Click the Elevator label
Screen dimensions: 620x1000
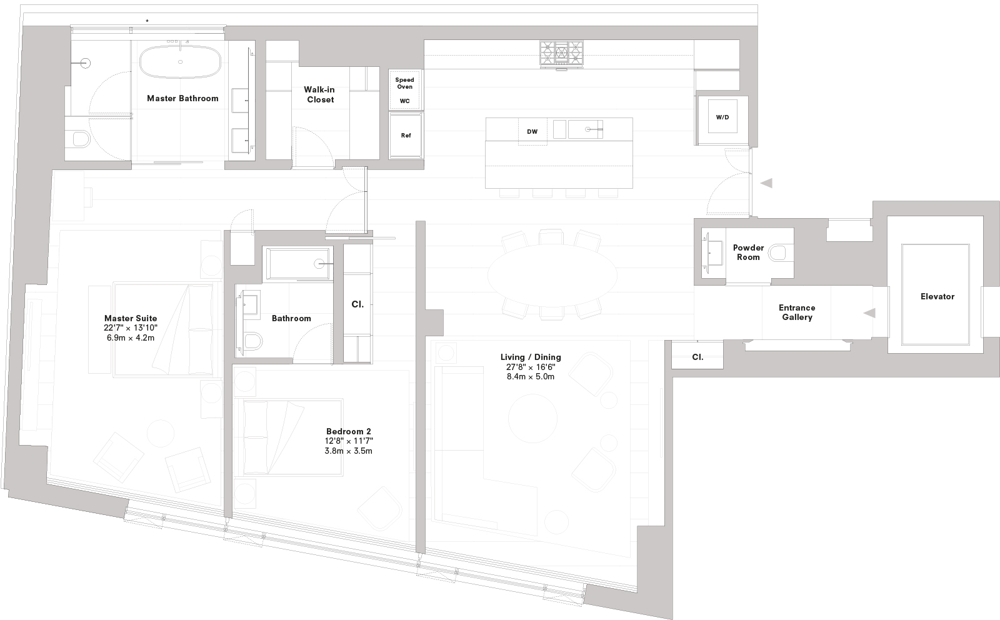pyautogui.click(x=937, y=296)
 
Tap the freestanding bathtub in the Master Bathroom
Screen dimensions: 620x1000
pyautogui.click(x=181, y=62)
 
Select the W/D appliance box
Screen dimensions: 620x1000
pyautogui.click(x=722, y=117)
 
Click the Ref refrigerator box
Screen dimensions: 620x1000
pyautogui.click(x=406, y=136)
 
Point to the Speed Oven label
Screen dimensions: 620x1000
pyautogui.click(x=404, y=83)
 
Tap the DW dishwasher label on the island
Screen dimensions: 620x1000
pyautogui.click(x=532, y=132)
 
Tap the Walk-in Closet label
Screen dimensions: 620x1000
pyautogui.click(x=319, y=94)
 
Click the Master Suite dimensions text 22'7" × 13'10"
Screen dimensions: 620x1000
pyautogui.click(x=131, y=328)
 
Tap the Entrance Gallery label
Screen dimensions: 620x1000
pyautogui.click(x=797, y=312)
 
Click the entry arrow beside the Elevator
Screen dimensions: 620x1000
pyautogui.click(x=869, y=313)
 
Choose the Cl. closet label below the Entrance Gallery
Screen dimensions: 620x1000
pyautogui.click(x=697, y=357)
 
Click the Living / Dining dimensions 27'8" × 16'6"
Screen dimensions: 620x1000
pyautogui.click(x=531, y=367)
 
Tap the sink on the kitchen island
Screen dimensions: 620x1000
pyautogui.click(x=588, y=129)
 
